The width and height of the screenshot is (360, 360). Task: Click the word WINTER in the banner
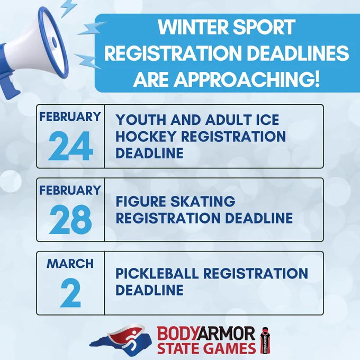(x=193, y=27)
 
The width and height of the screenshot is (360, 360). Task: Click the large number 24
(x=70, y=146)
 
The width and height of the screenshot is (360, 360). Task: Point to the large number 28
(x=70, y=219)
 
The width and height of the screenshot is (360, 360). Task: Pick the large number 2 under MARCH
(x=70, y=293)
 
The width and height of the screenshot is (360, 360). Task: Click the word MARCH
(x=70, y=264)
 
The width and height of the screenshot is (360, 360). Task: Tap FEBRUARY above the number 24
(x=70, y=116)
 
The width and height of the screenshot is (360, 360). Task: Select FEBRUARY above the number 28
(x=70, y=191)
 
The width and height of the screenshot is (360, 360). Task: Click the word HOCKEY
(x=146, y=137)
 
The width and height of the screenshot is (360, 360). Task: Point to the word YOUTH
(x=141, y=120)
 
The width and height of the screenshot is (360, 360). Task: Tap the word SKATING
(x=203, y=201)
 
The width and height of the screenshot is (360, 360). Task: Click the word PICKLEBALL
(x=157, y=273)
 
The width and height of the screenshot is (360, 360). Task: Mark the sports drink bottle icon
(x=265, y=340)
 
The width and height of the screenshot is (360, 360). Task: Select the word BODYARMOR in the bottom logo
(x=206, y=334)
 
